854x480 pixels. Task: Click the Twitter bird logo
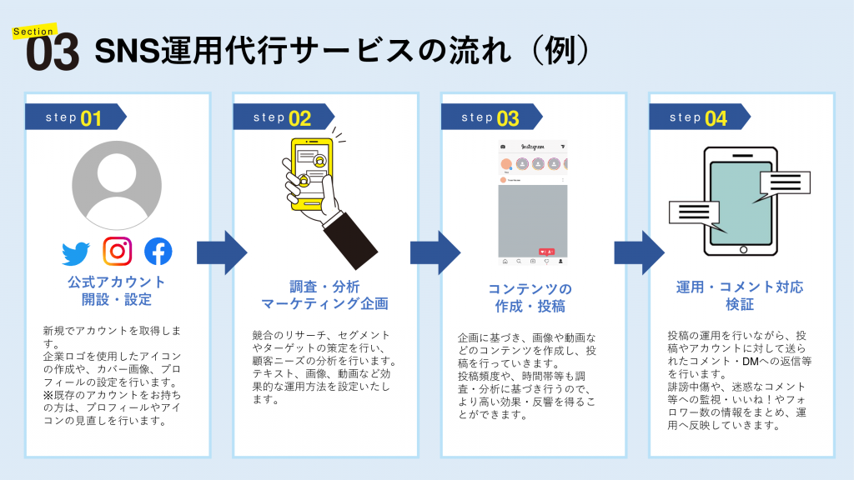pos(76,252)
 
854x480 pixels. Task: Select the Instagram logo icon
pos(117,251)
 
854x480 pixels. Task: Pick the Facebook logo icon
pos(158,252)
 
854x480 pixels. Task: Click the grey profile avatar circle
pos(117,185)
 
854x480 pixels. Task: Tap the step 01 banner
pos(75,117)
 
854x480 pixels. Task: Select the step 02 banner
pos(283,117)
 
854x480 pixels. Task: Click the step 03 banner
pos(490,117)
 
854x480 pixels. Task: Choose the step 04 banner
pos(699,117)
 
